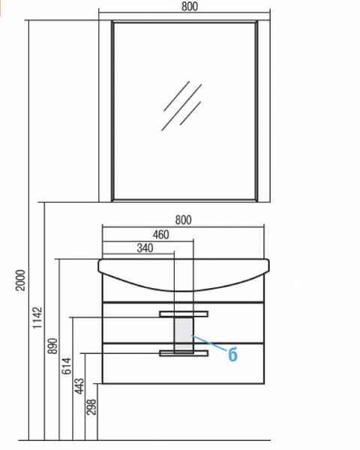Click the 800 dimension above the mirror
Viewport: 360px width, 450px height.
click(x=190, y=6)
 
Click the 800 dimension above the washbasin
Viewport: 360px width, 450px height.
click(x=183, y=220)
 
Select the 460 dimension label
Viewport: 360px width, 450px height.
click(x=160, y=235)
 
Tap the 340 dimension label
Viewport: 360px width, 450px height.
click(x=145, y=247)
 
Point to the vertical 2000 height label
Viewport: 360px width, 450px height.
click(x=21, y=280)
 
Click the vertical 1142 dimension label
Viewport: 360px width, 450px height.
click(x=37, y=318)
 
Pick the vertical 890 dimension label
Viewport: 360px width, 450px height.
click(x=52, y=346)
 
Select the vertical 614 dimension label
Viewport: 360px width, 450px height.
click(x=67, y=366)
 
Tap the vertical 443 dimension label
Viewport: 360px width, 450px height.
click(x=79, y=386)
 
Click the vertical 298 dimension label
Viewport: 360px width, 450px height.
click(x=91, y=406)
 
